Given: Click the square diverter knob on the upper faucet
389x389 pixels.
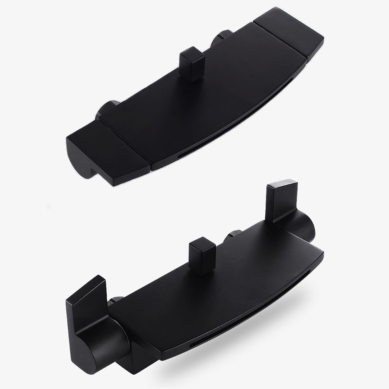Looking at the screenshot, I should point(192,63).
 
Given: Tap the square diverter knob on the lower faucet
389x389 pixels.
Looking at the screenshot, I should point(202,256).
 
